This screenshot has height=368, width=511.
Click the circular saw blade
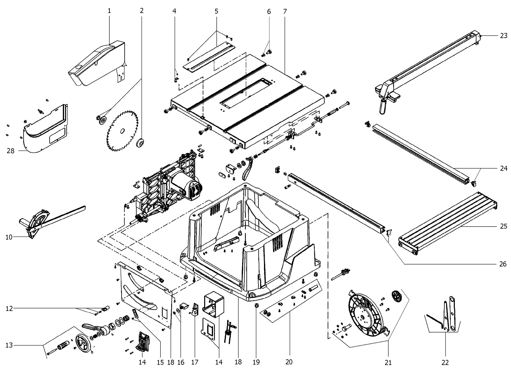(x=122, y=130)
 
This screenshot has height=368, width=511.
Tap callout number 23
(x=503, y=36)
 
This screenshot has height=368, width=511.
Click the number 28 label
(x=10, y=151)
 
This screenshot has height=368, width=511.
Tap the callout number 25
(x=503, y=226)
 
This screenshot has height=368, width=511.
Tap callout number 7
(x=285, y=12)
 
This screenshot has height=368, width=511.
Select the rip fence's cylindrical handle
(x=383, y=107)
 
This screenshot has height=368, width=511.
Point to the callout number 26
(x=503, y=264)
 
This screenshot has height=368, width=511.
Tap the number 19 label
(x=256, y=362)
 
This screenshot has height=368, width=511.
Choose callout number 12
(x=9, y=309)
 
